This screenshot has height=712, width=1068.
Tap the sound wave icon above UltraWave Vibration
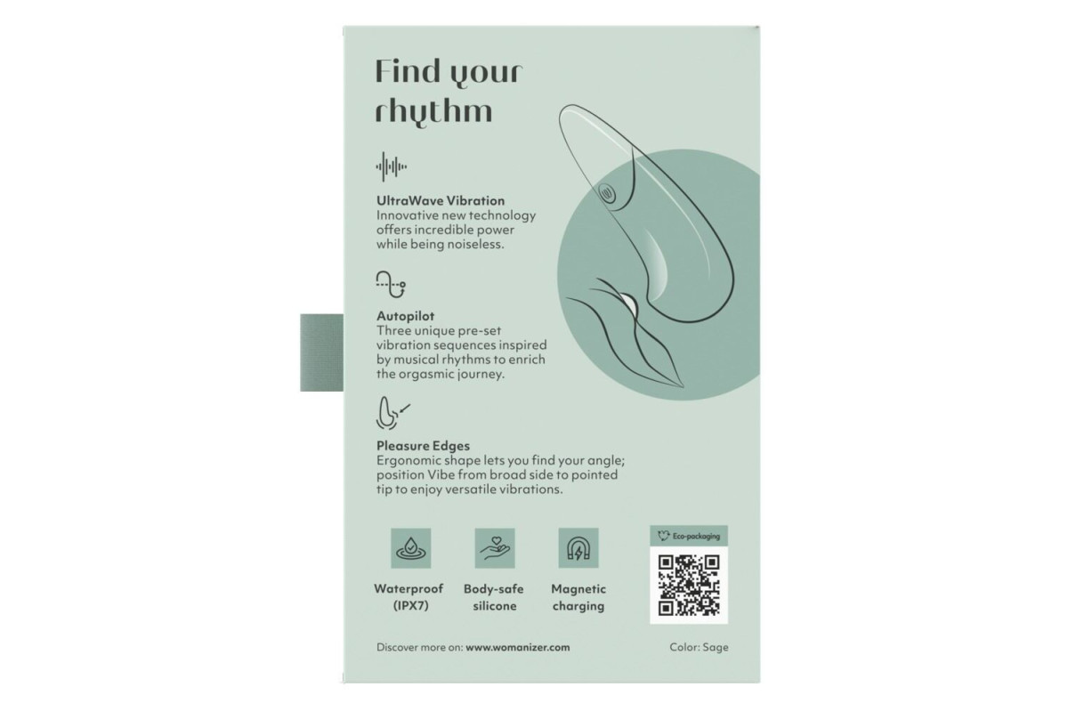point(391,167)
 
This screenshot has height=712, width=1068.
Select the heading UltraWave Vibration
point(441,201)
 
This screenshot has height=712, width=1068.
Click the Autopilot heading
point(405,316)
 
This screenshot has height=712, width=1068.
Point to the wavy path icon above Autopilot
point(391,285)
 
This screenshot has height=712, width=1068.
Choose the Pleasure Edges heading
point(423,446)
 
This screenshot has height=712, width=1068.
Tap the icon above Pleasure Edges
point(392,414)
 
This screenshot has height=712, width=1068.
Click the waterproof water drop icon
point(411,548)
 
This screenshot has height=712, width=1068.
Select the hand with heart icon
point(495,548)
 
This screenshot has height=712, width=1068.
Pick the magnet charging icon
point(578,548)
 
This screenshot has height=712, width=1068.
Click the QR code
point(689,585)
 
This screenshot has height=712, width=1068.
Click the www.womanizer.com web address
point(518,648)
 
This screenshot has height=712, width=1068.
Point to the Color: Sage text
point(699,648)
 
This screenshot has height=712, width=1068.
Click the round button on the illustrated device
point(607,194)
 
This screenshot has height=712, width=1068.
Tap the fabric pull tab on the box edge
point(322,353)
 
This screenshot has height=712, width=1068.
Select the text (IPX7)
point(410,606)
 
